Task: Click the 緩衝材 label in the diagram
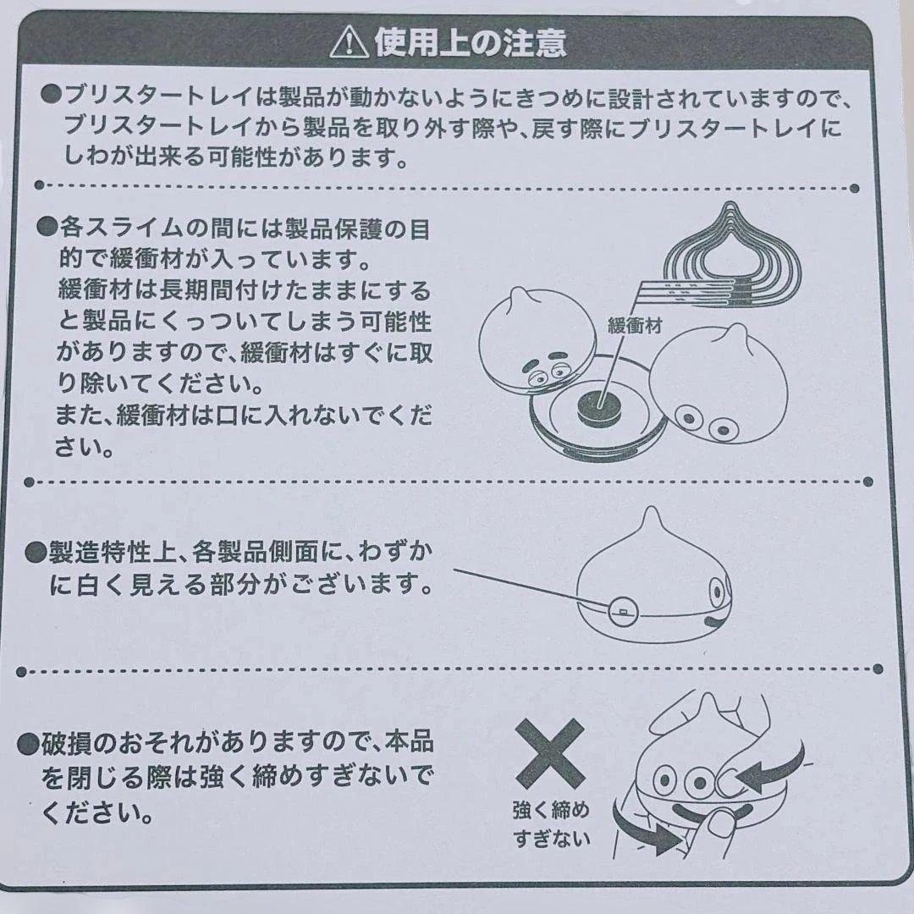pos(634,325)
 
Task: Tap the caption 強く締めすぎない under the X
pos(551,824)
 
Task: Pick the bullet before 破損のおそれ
pos(29,744)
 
